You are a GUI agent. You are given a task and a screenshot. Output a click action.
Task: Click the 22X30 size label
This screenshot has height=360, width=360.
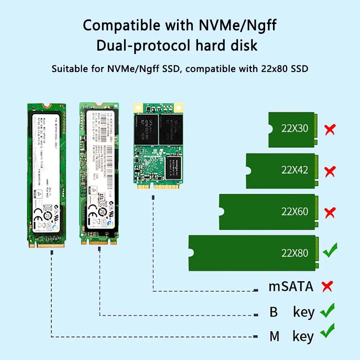(x=295, y=129)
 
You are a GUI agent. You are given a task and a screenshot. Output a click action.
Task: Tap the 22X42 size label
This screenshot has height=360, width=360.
(x=295, y=170)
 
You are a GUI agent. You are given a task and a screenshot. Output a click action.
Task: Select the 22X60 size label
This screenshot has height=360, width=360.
(x=295, y=211)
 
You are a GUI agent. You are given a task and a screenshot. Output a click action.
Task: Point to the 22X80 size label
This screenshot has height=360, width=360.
(x=295, y=253)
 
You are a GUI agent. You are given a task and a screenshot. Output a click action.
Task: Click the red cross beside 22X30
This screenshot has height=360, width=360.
(x=330, y=130)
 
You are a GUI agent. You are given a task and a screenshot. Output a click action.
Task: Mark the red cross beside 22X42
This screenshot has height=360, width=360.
(x=330, y=172)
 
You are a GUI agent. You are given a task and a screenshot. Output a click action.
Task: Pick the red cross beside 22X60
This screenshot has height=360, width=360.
(x=330, y=213)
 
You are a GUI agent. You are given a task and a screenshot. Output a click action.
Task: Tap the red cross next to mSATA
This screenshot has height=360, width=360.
(x=327, y=287)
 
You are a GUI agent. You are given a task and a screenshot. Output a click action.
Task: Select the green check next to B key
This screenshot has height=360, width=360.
(x=327, y=311)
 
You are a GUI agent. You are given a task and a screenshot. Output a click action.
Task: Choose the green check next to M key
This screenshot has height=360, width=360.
(x=327, y=331)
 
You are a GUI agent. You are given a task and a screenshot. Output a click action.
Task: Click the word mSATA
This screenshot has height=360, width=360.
(x=291, y=286)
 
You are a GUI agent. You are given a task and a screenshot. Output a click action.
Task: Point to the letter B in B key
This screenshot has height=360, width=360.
(x=274, y=312)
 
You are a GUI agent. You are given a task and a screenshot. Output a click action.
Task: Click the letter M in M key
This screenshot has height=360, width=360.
(x=274, y=336)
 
